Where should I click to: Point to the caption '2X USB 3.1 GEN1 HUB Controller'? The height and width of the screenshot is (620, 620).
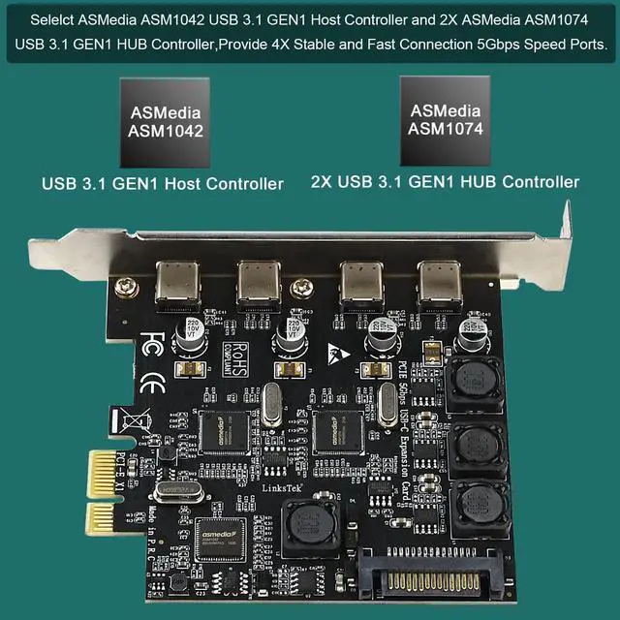point(445,181)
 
